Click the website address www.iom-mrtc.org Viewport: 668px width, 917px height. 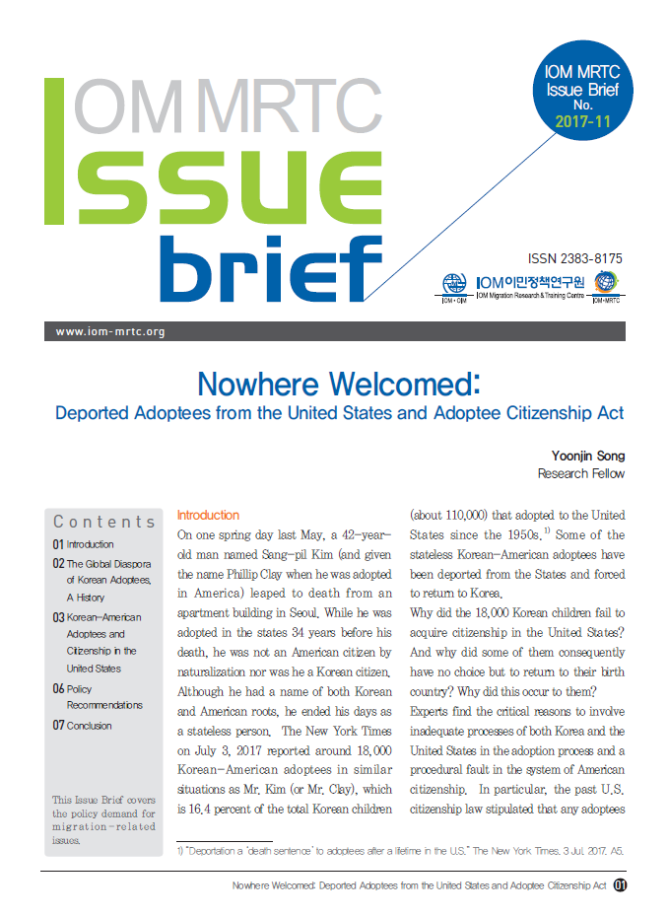pos(110,331)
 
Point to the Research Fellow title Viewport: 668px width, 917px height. pos(580,473)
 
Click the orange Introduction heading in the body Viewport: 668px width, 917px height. pos(208,515)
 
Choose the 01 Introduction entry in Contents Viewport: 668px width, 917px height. pos(84,544)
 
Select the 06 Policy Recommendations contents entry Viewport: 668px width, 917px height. pos(97,696)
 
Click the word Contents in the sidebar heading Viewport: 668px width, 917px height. pos(104,522)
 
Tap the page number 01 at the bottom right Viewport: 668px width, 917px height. pos(620,885)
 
